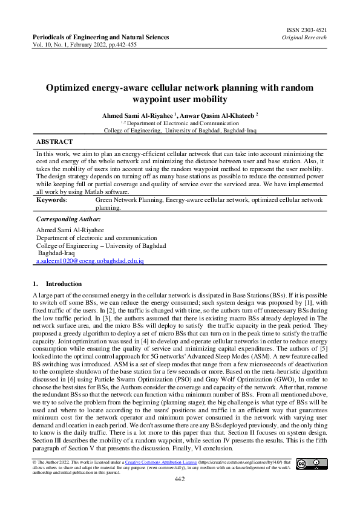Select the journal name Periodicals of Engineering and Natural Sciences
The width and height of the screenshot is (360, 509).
(100, 37)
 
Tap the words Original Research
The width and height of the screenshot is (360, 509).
(304, 37)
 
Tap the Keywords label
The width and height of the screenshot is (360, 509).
(51, 199)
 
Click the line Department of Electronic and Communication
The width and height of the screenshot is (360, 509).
(180, 122)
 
